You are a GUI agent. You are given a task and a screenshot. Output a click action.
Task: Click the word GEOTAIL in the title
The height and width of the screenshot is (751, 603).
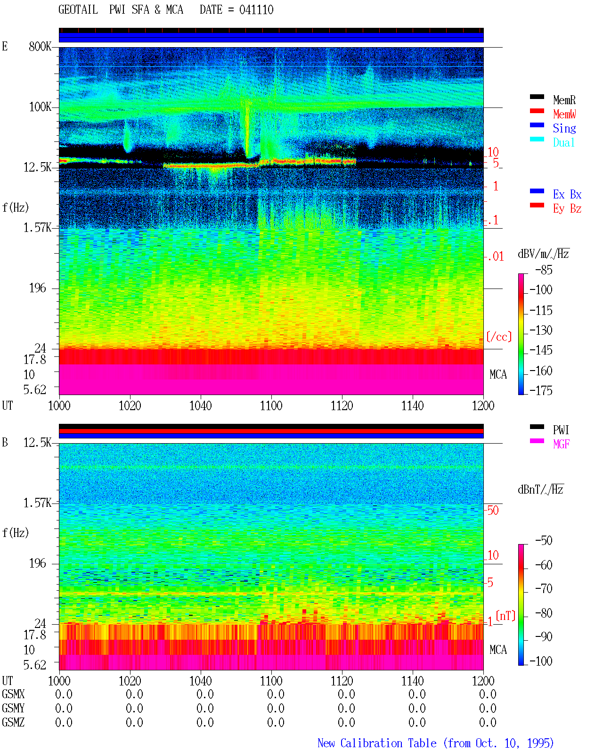point(78,9)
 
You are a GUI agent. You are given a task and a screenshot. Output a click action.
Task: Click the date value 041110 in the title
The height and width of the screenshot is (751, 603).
point(256,9)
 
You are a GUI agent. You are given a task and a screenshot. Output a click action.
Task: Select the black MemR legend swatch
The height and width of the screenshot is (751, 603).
point(537,97)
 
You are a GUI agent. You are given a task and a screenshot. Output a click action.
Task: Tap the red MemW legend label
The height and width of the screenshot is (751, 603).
point(564,114)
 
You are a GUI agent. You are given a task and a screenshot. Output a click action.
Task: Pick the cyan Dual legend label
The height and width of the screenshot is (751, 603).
point(563,142)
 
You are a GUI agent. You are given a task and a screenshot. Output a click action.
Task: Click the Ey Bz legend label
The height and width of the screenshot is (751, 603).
point(567,208)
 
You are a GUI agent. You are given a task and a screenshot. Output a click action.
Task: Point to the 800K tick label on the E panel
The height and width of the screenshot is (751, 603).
point(40,46)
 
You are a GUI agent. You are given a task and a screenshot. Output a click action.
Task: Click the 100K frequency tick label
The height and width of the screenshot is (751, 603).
point(40,107)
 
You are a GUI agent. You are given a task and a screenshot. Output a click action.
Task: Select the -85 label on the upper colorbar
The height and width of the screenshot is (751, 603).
point(544,270)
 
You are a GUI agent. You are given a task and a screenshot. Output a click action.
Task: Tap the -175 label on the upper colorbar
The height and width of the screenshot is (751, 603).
point(541,390)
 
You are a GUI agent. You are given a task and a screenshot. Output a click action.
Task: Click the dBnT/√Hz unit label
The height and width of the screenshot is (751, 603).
point(541,490)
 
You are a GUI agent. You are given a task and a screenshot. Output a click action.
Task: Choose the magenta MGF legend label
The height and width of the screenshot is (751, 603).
point(561,444)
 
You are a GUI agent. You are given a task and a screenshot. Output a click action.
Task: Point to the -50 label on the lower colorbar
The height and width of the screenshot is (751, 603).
point(544,540)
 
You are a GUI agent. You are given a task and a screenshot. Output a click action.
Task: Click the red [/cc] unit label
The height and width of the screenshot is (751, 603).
point(499,337)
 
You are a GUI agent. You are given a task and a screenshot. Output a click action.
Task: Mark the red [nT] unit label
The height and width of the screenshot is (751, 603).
point(505,615)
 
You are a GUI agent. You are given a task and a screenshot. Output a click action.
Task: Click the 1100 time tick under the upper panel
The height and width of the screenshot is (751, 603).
point(271,405)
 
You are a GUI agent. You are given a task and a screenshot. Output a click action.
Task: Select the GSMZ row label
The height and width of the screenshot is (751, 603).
point(13,722)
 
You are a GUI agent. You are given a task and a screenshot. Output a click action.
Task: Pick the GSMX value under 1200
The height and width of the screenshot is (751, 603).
point(488,694)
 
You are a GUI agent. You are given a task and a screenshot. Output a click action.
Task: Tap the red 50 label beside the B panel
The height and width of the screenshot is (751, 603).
point(493,510)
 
